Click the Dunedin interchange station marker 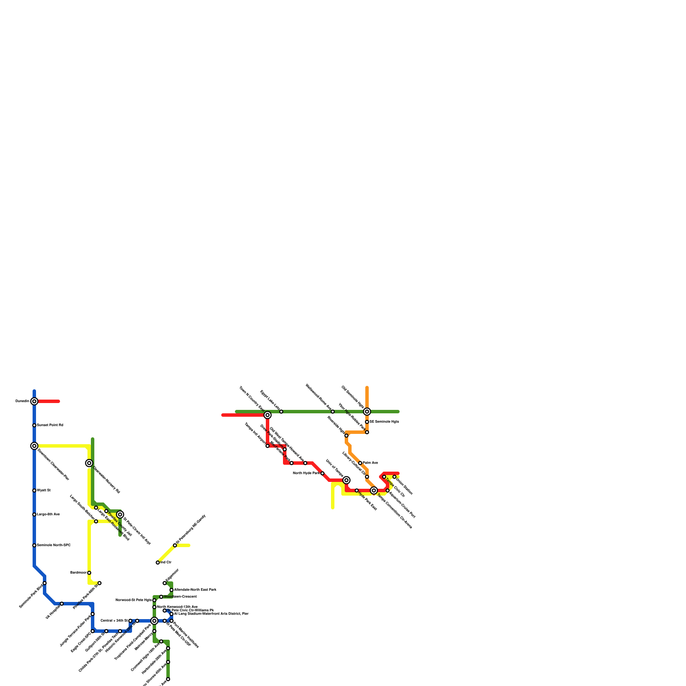point(34,401)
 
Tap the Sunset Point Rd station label point(50,425)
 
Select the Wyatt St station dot point(34,490)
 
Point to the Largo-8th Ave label point(48,514)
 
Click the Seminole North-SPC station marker point(34,545)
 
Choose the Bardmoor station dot point(89,573)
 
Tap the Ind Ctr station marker point(158,563)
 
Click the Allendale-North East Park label point(195,590)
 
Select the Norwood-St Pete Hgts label point(133,600)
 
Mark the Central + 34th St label point(114,621)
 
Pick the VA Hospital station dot point(62,604)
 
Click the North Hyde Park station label point(306,473)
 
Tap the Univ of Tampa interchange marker point(346,480)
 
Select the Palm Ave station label point(370,463)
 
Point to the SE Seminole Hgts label point(384,422)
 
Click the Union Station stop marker point(394,477)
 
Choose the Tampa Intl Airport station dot point(268,446)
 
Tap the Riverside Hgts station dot point(346,436)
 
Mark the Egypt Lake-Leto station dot point(281,412)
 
